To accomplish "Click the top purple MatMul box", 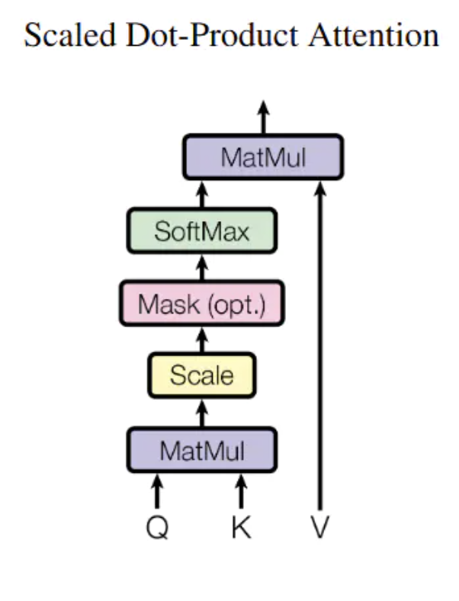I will [x=263, y=159].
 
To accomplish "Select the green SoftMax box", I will [x=202, y=231].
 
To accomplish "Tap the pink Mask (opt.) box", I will [x=202, y=304].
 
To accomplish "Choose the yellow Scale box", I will [x=202, y=375].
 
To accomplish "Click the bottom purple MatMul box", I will [x=202, y=451].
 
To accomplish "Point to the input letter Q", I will [x=157, y=529].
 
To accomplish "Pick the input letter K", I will [x=241, y=529].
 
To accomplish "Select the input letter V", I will [x=319, y=529].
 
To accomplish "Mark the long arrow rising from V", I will [x=320, y=343].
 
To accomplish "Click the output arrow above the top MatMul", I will [x=264, y=117].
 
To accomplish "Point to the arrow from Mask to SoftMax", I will [x=202, y=267].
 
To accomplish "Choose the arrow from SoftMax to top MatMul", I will [x=202, y=194].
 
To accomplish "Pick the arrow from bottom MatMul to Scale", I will [x=202, y=413].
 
